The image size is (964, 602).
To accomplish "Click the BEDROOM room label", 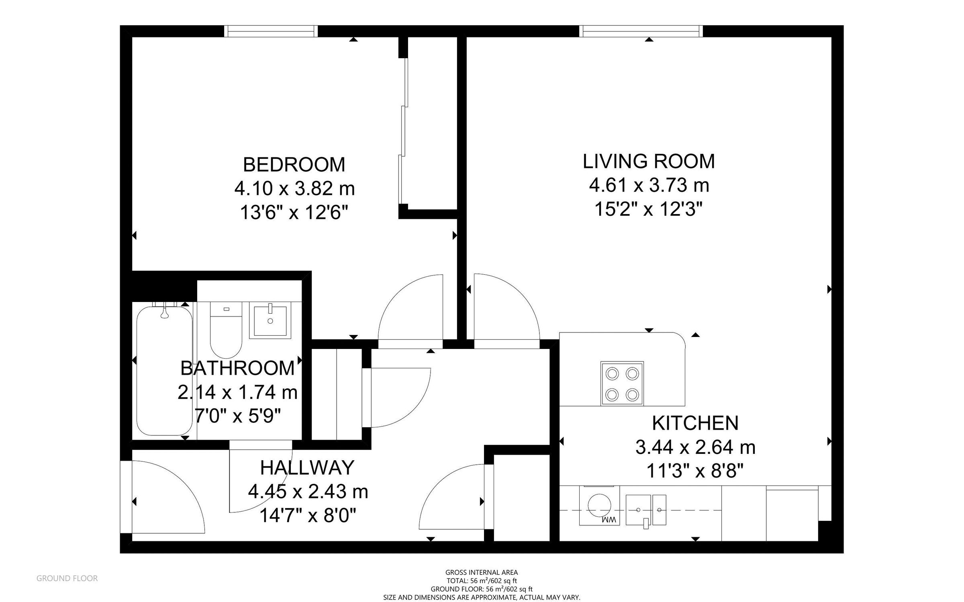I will [x=294, y=165].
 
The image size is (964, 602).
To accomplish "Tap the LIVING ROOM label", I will [x=649, y=161].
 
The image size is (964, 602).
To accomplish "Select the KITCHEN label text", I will [x=695, y=423].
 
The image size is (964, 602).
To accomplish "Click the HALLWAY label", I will [x=307, y=467].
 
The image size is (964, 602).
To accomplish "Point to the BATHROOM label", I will [x=237, y=368].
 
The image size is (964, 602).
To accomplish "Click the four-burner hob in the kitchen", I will [x=622, y=383].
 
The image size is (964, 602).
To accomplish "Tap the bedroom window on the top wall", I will [x=270, y=31].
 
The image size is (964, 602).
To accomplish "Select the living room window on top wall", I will [x=641, y=31].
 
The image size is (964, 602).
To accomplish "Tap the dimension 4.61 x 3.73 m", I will [x=649, y=185].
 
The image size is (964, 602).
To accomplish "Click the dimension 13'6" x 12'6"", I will [x=294, y=212].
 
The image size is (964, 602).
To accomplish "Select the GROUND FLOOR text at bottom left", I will [x=67, y=578].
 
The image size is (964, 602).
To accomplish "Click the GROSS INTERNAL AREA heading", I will [x=481, y=572].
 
